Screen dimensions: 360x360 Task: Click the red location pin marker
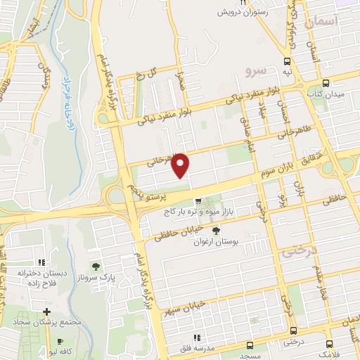coord(181,165)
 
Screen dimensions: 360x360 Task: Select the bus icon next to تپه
coord(287,60)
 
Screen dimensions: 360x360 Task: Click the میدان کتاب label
coord(324,92)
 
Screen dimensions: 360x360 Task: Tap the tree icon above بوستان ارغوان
coord(215,230)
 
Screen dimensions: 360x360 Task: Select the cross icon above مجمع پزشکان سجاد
coord(46,311)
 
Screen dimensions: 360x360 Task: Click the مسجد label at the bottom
coord(250,355)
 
